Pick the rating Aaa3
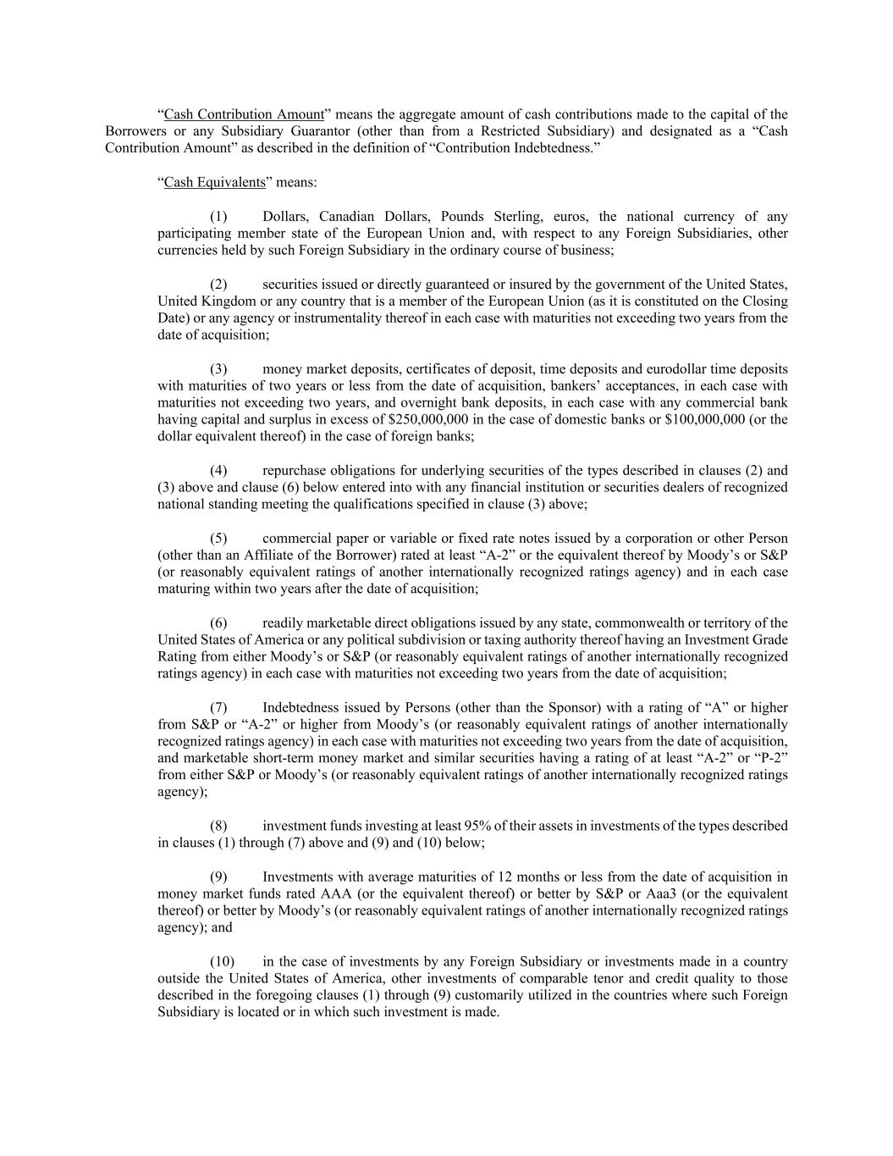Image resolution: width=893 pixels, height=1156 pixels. (661, 893)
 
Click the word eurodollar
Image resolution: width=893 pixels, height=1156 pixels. (675, 368)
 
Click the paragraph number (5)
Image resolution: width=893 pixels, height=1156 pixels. (218, 538)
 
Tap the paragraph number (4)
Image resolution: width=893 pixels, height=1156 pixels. (218, 470)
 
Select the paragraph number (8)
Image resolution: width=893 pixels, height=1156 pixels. (218, 826)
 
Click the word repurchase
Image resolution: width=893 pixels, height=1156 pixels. (295, 470)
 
